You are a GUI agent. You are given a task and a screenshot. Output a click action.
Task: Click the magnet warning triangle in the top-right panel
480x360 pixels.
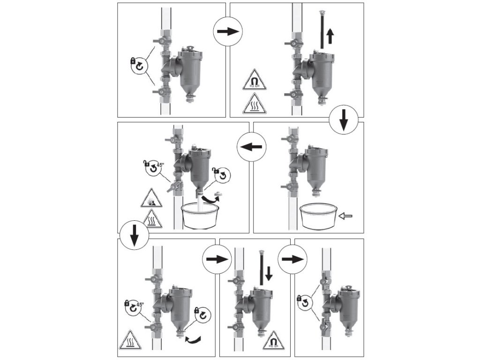[255, 80]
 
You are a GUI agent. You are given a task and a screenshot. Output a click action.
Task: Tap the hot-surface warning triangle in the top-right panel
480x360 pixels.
[255, 104]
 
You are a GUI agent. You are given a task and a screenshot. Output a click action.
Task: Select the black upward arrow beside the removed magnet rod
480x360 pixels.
[330, 36]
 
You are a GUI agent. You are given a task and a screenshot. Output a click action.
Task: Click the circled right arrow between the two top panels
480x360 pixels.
[228, 31]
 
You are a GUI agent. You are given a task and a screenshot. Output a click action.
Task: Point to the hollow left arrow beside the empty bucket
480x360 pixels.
[346, 216]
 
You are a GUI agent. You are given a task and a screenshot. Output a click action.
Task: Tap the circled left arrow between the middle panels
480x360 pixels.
[251, 147]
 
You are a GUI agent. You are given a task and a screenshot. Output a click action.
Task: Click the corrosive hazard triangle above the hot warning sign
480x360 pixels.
[151, 199]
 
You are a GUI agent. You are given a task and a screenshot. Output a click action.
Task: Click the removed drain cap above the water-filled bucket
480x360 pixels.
[218, 194]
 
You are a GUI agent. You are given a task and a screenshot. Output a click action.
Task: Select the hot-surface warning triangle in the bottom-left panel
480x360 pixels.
[130, 340]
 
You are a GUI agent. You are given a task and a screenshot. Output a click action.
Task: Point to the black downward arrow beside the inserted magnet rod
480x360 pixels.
[269, 273]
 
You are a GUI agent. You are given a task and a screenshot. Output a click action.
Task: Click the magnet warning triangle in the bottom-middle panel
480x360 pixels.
[273, 340]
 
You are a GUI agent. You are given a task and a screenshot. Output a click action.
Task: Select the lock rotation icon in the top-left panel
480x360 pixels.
[139, 65]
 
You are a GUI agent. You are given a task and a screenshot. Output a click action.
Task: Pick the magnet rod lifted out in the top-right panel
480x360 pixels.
[322, 30]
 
